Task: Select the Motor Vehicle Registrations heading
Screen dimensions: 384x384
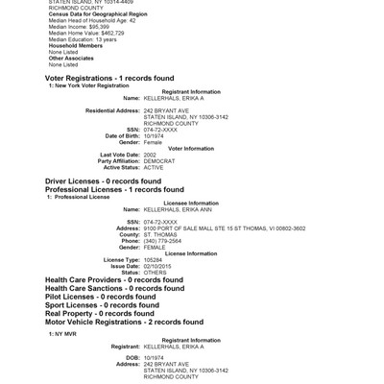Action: click(125, 322)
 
